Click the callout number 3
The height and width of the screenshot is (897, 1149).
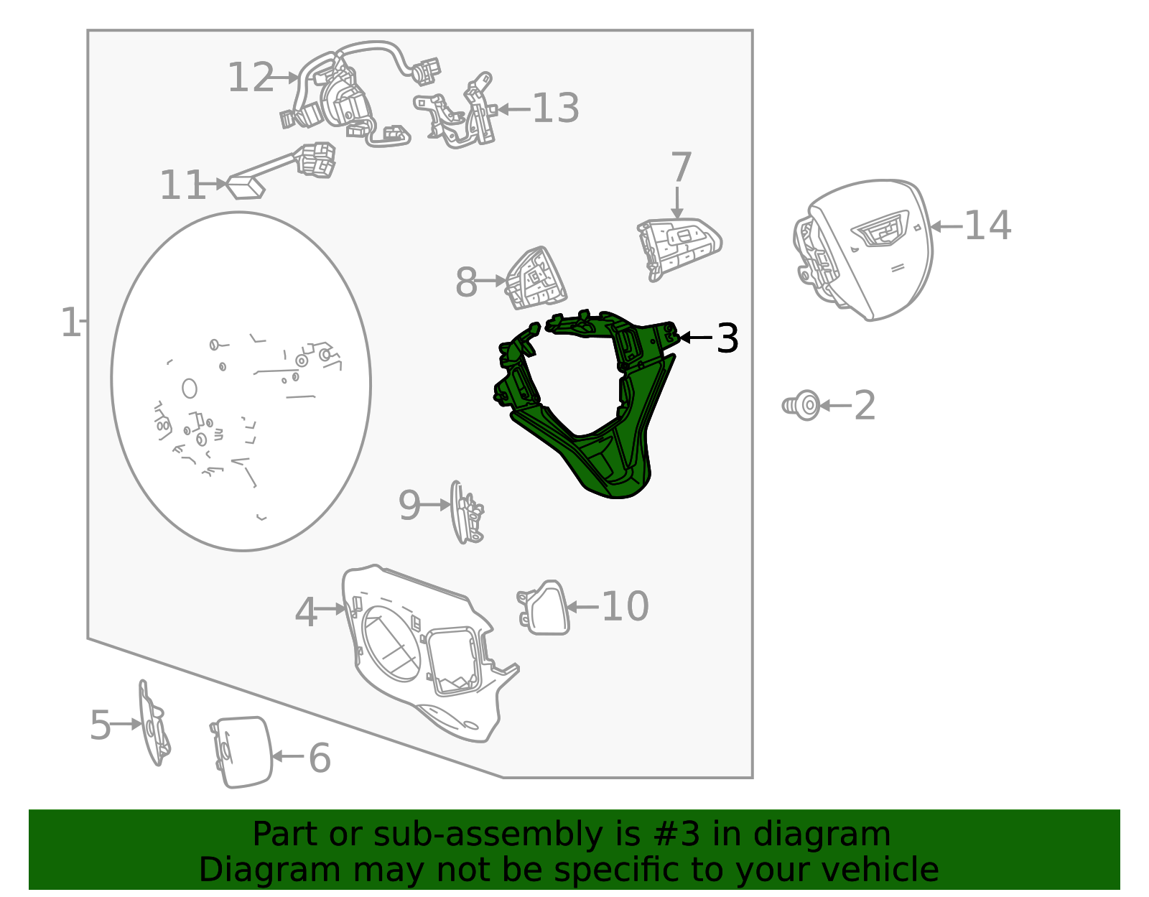[727, 339]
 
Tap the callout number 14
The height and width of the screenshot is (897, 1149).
[987, 226]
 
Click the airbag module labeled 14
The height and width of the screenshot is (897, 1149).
[863, 249]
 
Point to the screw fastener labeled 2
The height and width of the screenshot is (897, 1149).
[801, 406]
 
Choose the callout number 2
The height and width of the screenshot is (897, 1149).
[865, 406]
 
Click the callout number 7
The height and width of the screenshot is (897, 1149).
[681, 167]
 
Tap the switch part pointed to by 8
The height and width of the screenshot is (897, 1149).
[536, 279]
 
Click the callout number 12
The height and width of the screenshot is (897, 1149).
[251, 78]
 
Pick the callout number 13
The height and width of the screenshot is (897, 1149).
[555, 108]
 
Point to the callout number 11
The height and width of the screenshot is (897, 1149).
[182, 185]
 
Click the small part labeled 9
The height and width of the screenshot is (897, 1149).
[466, 511]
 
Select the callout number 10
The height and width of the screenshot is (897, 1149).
[625, 606]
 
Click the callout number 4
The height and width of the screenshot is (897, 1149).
[306, 613]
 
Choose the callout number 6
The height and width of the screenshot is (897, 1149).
[320, 758]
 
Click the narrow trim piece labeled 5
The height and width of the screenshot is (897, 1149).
[154, 722]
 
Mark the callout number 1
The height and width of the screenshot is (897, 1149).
[70, 322]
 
